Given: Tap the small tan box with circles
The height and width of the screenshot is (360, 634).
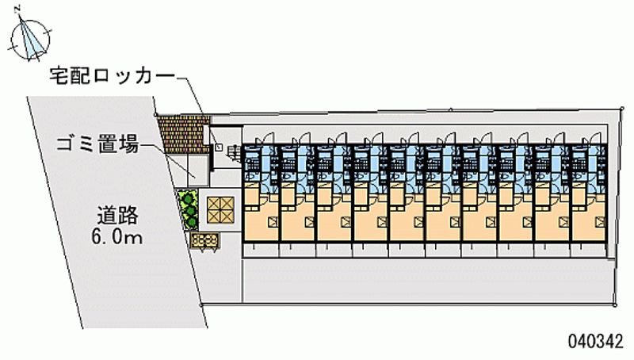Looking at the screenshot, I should [x=204, y=239].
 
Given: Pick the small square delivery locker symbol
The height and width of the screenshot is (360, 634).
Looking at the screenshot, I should [x=220, y=147].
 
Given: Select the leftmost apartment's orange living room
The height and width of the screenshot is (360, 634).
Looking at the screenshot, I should [x=260, y=214].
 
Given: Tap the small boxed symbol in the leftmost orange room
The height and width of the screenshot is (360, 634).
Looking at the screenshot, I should [x=273, y=221].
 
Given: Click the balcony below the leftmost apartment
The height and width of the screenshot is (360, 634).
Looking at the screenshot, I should [x=260, y=247].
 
